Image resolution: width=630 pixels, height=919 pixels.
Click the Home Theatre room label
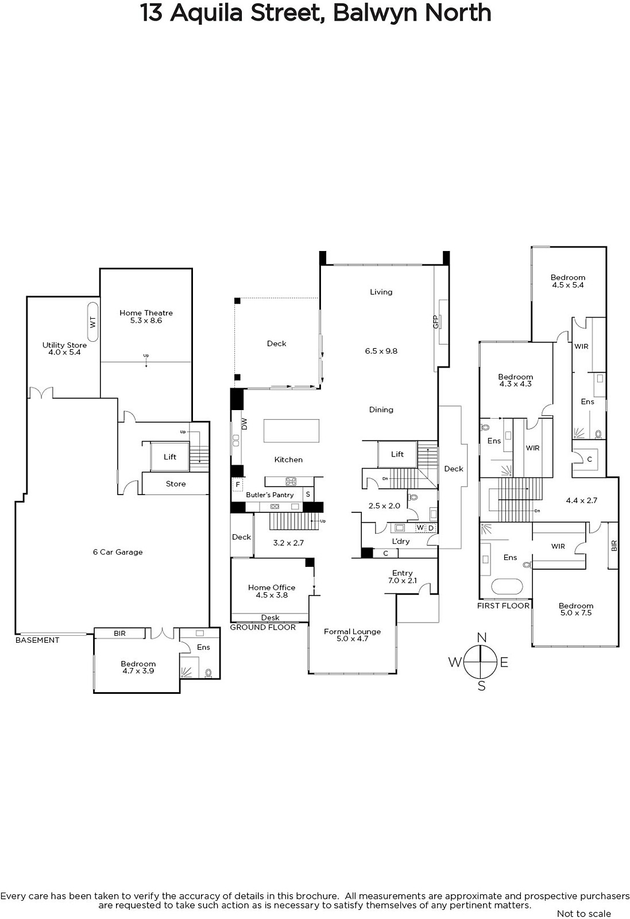click(x=146, y=312)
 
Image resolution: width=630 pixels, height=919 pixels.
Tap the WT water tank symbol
click(x=92, y=322)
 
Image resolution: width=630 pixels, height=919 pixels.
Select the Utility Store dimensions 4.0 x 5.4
click(x=64, y=352)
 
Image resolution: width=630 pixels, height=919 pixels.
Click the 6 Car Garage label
click(x=118, y=552)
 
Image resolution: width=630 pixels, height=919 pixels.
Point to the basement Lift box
click(x=170, y=457)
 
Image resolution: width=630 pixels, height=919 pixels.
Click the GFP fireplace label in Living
click(x=436, y=322)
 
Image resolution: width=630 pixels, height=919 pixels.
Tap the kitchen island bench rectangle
click(x=291, y=430)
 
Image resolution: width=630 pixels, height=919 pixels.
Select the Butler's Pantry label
click(x=270, y=495)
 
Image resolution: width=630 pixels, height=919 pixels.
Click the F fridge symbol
click(x=238, y=485)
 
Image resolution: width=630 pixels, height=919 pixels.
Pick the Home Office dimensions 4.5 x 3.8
click(x=272, y=595)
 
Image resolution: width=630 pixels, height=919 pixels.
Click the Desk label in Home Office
click(x=270, y=617)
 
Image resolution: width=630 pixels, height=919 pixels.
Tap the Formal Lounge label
click(x=352, y=631)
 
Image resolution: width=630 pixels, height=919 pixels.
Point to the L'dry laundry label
click(x=401, y=541)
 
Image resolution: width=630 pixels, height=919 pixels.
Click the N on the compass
click(x=482, y=638)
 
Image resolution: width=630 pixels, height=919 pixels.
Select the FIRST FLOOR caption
click(x=503, y=605)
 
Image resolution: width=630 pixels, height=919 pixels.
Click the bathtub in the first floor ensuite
click(x=507, y=586)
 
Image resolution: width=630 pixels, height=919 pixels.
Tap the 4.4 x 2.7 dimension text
click(x=582, y=500)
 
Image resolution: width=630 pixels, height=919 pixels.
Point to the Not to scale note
click(x=584, y=913)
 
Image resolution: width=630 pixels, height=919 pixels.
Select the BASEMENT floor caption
click(x=37, y=640)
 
